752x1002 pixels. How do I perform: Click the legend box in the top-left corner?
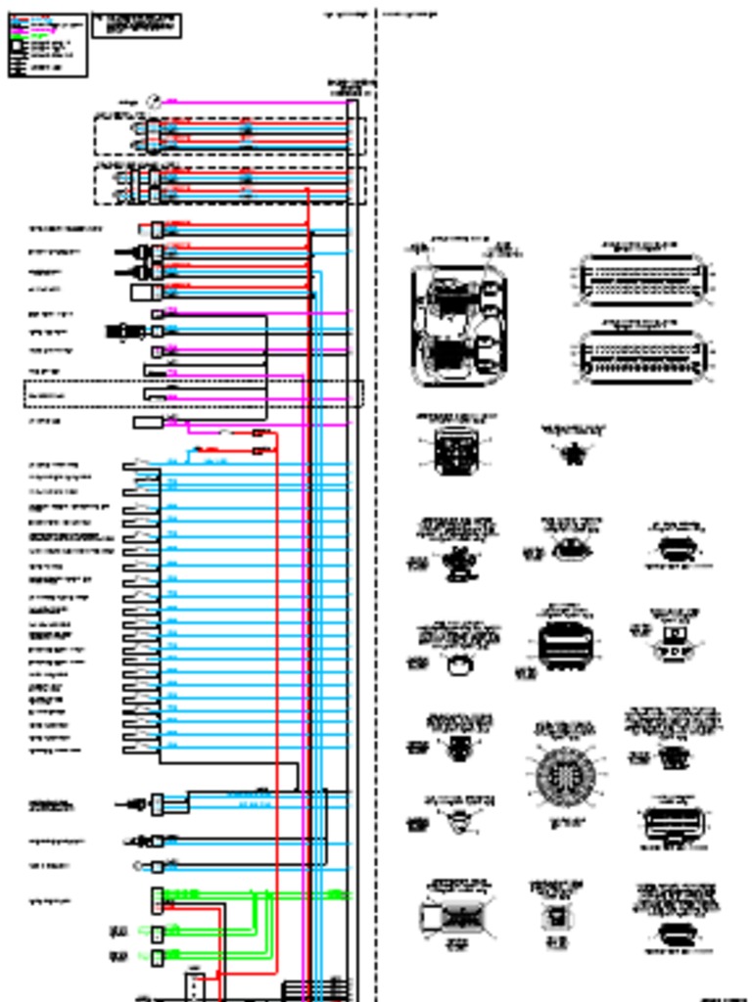click(47, 45)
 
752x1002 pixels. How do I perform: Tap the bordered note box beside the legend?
click(136, 25)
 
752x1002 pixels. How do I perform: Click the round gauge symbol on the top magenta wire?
click(153, 101)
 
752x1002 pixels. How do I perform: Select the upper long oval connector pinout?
click(641, 279)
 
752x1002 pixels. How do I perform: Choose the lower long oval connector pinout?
click(641, 357)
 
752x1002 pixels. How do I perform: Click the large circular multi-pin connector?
click(564, 776)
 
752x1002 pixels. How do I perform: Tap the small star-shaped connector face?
click(574, 453)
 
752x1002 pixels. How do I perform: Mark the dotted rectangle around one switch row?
click(193, 393)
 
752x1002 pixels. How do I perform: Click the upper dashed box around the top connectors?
click(230, 136)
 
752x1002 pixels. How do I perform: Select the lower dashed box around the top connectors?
click(230, 185)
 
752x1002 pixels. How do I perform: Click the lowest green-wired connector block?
click(158, 956)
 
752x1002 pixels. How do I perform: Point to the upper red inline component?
click(260, 433)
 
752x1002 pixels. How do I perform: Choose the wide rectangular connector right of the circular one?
click(674, 822)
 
